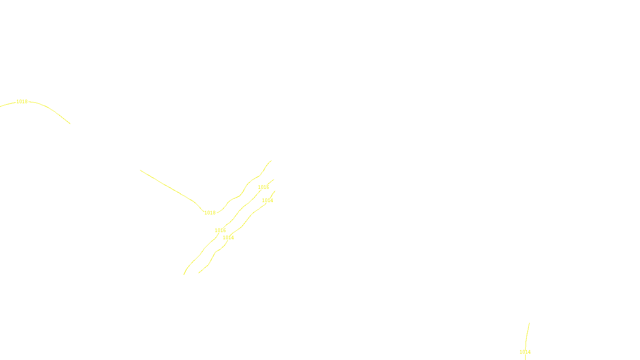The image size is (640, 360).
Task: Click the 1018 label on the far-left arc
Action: coord(22,102)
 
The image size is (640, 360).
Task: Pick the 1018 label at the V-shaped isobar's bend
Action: coord(210,213)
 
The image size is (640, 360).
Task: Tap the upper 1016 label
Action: coord(264,187)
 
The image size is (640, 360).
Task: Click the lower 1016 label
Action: coord(220,230)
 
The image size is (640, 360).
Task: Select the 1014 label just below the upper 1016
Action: coord(268,200)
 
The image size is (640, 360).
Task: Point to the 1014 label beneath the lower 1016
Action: coord(228,238)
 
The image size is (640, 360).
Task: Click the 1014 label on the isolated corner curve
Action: coord(525,352)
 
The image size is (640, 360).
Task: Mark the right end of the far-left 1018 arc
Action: coord(70,124)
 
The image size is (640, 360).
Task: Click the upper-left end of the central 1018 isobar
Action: coord(140,170)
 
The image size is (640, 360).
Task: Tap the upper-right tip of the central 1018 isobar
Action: coord(271,161)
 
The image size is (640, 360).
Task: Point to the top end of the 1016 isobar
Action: coord(274,180)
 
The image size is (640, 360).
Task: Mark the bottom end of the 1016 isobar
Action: coord(184,274)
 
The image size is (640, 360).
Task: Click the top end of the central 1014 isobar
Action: coord(275,191)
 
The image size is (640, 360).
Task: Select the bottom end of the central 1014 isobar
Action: coord(199,273)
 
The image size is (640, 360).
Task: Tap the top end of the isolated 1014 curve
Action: coord(529,323)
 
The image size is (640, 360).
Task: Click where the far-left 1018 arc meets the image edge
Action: coord(0,106)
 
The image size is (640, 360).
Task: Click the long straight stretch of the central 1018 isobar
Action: coord(168,186)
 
